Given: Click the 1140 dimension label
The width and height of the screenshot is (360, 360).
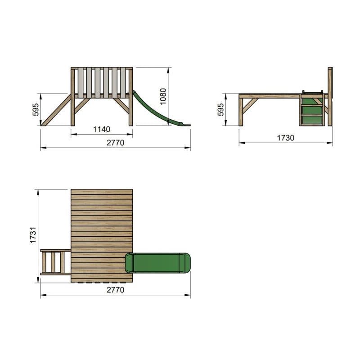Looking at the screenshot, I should [102, 130].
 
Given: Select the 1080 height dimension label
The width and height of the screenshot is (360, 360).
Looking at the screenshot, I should [163, 96].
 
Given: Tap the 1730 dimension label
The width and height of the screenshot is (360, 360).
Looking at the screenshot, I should [285, 138].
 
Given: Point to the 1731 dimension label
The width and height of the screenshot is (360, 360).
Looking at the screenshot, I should [33, 235].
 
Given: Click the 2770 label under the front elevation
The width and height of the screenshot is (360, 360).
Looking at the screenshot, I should [115, 143].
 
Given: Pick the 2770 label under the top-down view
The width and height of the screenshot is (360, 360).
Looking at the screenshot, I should [115, 290].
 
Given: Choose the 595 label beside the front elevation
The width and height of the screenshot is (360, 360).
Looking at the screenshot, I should [36, 109].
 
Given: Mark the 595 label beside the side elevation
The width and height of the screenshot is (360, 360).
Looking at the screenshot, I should [220, 110].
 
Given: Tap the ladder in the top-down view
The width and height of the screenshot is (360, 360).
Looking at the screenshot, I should [55, 262].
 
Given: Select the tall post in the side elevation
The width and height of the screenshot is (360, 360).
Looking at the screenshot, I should [330, 96].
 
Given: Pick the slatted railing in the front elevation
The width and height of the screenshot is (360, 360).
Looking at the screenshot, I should [102, 82].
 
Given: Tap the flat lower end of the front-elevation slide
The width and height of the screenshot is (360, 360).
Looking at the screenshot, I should [185, 124].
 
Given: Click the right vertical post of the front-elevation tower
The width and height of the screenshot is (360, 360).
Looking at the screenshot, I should [131, 97].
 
